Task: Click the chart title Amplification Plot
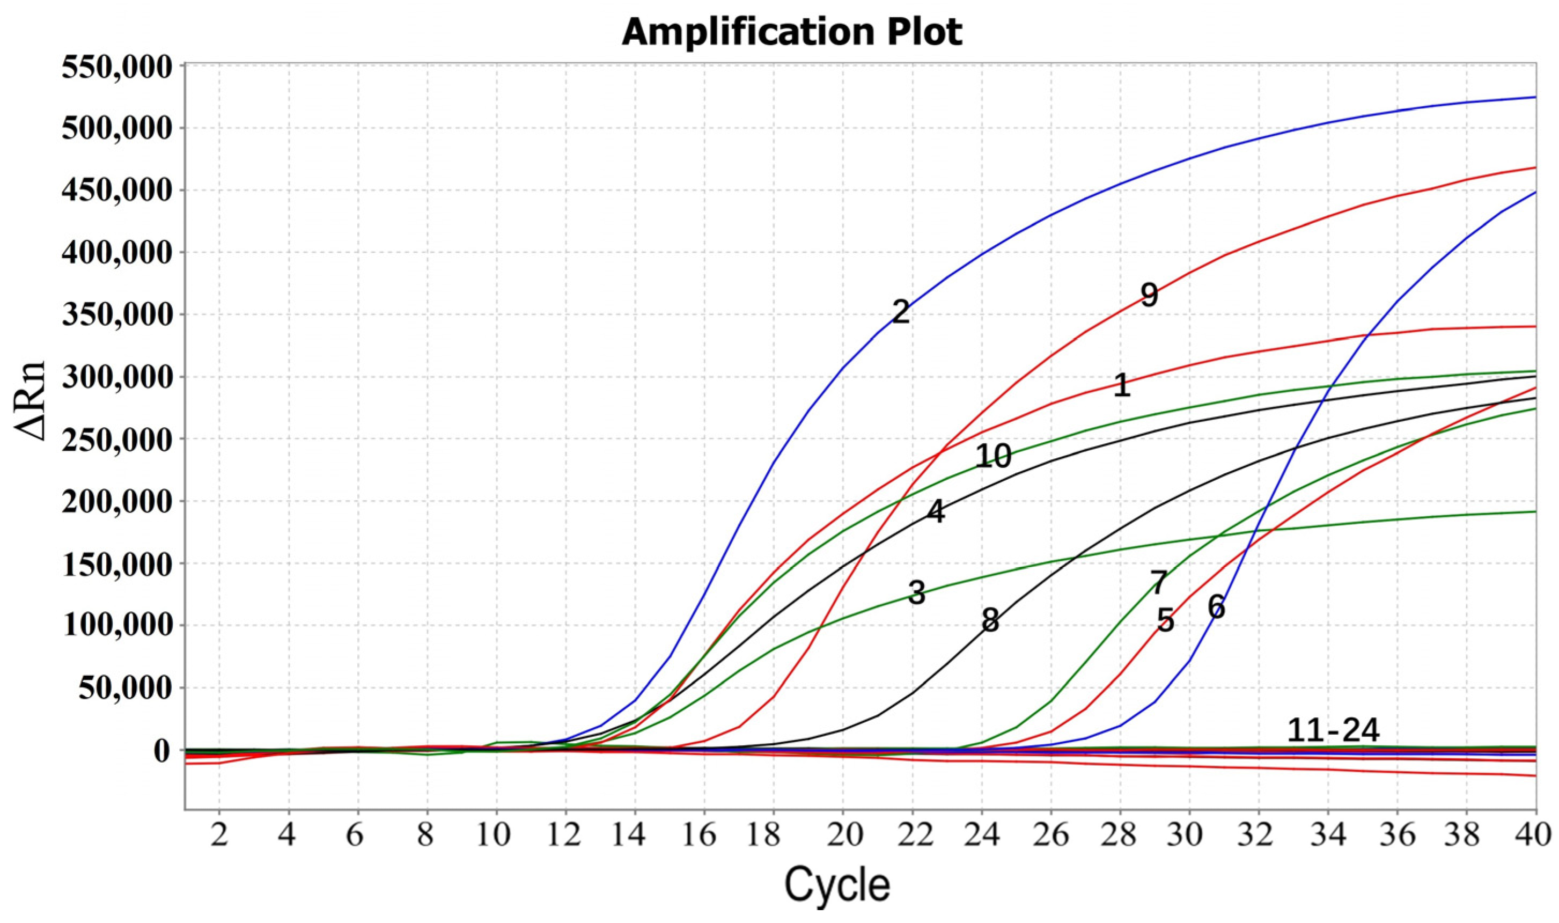(791, 32)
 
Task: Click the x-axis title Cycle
(837, 885)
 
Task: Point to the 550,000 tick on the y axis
(116, 67)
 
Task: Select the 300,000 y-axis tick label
(116, 378)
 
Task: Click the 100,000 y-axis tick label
(116, 626)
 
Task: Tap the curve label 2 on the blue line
(900, 312)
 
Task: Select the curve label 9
(1149, 296)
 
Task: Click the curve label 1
(1121, 386)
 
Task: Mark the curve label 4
(936, 512)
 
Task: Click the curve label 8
(990, 621)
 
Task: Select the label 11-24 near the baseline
(1333, 731)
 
